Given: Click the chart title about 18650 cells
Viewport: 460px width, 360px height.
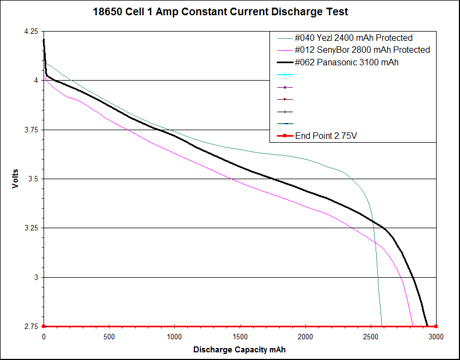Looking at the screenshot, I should tap(220, 11).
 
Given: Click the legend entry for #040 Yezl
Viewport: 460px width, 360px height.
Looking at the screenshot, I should tap(353, 38).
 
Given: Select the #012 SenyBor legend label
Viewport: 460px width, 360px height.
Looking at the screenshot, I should tap(362, 50).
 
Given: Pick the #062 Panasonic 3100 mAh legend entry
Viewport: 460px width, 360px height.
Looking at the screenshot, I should tap(346, 63).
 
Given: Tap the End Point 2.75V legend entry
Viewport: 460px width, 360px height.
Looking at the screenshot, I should tap(326, 136).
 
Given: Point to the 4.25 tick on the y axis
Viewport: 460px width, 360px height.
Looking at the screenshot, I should tap(31, 32).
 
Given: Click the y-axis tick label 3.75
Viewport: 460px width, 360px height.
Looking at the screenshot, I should tap(31, 130).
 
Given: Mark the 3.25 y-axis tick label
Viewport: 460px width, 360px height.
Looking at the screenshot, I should tap(31, 228).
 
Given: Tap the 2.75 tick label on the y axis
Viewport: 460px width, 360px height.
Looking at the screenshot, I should tap(31, 326).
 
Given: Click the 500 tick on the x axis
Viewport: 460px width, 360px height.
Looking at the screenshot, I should tap(109, 337).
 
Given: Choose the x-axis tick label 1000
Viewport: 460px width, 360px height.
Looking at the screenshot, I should tap(174, 337).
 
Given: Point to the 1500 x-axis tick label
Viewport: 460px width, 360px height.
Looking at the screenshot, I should tap(240, 337).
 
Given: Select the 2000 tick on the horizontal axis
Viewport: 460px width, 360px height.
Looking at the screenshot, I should tap(305, 337).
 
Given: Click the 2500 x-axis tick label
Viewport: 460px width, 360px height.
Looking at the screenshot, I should tap(371, 337).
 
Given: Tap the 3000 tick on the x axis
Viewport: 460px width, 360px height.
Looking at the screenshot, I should tap(436, 337).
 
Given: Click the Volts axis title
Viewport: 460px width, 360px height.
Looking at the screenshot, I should tap(16, 179).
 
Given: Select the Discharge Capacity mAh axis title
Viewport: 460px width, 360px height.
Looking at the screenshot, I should tap(239, 349).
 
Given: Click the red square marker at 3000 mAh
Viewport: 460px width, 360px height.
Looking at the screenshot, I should tap(436, 326).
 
